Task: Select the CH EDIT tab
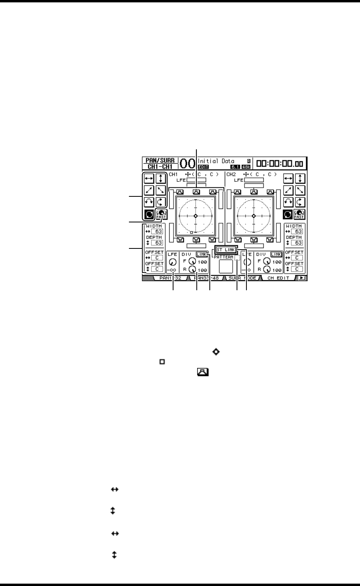[278, 278]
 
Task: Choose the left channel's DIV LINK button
[201, 255]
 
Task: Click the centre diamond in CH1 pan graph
[195, 216]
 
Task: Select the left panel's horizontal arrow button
[149, 179]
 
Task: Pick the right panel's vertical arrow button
[300, 179]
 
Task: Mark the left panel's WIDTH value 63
[159, 231]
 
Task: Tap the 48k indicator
[246, 167]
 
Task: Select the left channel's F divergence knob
[192, 262]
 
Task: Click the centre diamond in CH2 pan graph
[254, 216]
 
